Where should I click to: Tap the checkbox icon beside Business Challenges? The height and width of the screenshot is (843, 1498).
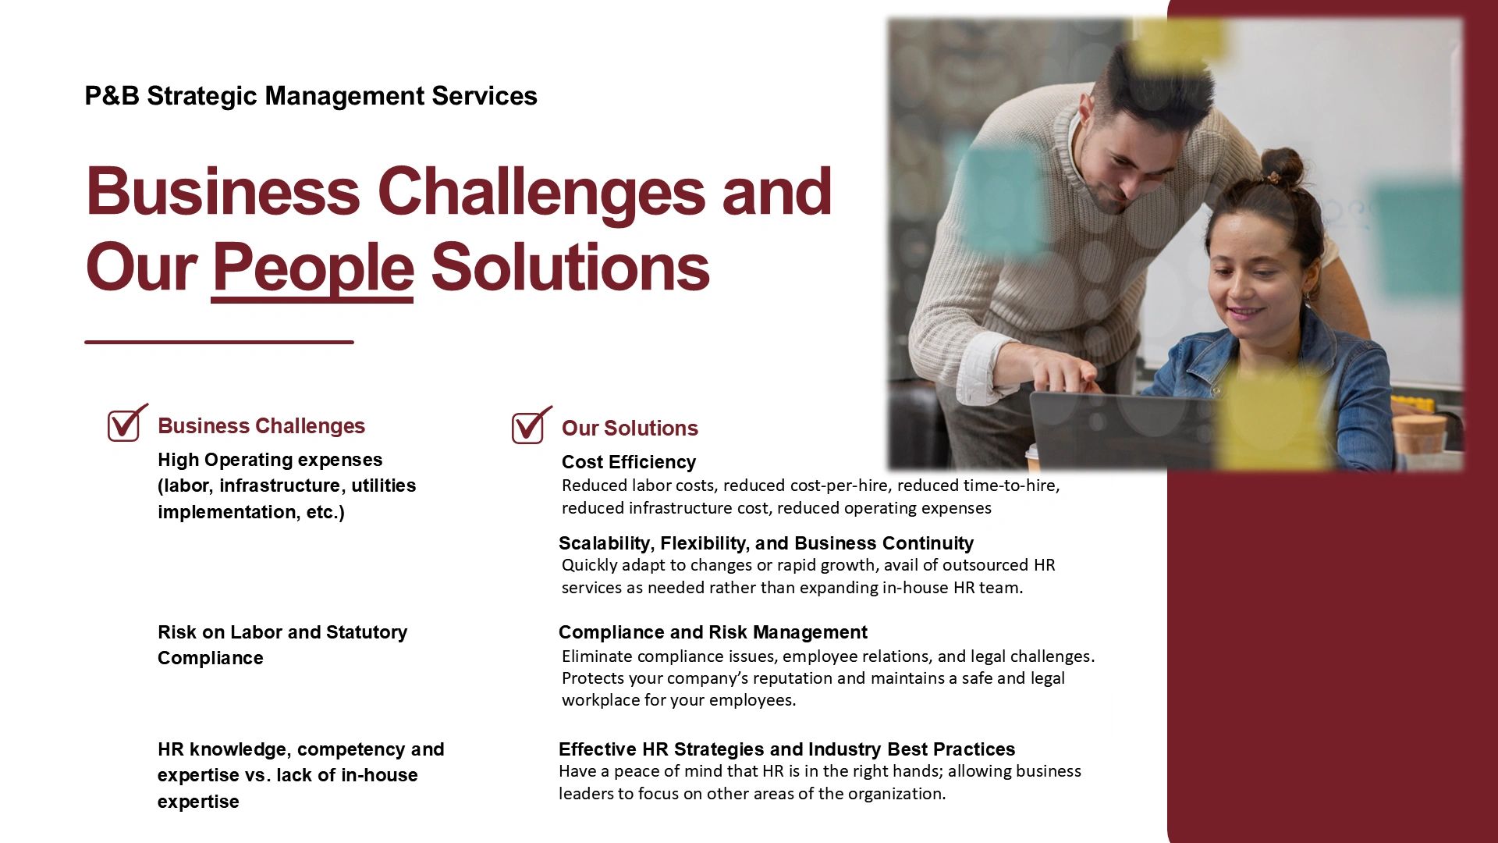[x=127, y=423]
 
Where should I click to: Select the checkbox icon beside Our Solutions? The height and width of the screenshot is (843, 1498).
[x=531, y=425]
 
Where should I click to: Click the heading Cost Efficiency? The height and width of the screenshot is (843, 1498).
[x=628, y=462]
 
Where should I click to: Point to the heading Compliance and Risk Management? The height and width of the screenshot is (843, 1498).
[x=712, y=632]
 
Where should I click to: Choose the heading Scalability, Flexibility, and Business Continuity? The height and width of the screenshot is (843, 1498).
[x=765, y=543]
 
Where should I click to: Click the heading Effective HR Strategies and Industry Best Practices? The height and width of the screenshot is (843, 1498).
[x=786, y=749]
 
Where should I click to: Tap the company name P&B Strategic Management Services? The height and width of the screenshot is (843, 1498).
[x=311, y=96]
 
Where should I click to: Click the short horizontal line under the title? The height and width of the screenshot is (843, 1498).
[x=219, y=342]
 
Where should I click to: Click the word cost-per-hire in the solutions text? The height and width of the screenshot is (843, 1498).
[x=805, y=486]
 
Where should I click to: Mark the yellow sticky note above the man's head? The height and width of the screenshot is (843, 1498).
[x=1178, y=43]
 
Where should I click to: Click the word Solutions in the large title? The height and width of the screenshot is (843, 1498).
[x=570, y=268]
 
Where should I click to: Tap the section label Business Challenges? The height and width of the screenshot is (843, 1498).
[x=261, y=426]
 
